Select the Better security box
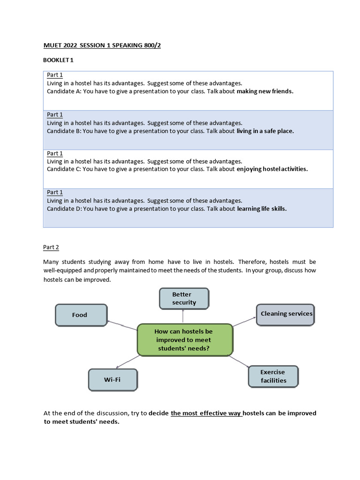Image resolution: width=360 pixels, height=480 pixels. [184, 299]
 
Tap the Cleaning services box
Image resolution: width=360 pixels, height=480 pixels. [285, 314]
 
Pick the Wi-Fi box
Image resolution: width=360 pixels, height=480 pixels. [112, 380]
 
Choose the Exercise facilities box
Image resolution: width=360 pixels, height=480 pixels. [273, 376]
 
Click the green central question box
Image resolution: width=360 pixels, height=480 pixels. [184, 340]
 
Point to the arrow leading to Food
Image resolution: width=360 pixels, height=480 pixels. [122, 325]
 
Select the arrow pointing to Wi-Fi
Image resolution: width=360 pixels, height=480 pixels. [127, 361]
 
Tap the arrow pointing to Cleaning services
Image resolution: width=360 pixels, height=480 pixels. [244, 322]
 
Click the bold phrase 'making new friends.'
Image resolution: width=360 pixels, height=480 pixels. [265, 91]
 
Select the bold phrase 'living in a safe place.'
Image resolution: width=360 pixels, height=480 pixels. [265, 131]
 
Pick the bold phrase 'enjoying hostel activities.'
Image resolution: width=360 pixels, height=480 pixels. [272, 169]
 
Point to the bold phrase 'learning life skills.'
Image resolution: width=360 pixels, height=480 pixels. [262, 209]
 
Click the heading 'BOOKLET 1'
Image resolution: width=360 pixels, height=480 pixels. [58, 60]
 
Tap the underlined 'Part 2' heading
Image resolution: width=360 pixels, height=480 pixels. [51, 247]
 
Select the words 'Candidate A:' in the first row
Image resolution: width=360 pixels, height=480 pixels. [64, 91]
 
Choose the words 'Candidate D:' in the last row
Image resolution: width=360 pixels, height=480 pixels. [64, 209]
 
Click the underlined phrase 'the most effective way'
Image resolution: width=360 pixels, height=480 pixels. [206, 413]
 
